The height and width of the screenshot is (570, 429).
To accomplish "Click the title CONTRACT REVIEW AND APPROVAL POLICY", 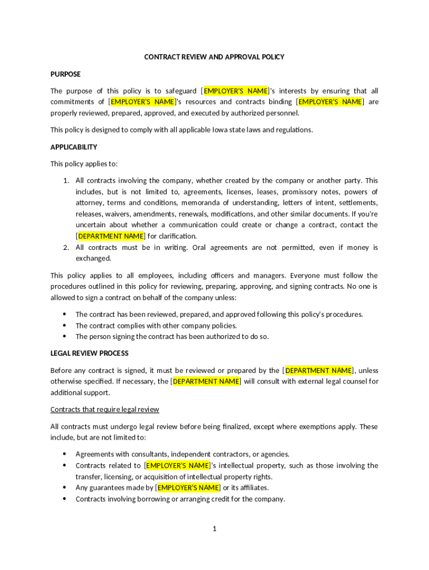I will coord(214,57).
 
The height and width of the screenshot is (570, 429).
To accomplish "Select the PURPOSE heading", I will coord(65,74).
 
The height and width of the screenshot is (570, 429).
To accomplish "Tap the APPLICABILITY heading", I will coord(74,147).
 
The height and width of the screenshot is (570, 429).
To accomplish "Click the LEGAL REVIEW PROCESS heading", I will coord(89,353).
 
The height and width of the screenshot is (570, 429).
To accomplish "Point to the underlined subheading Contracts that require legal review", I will coord(105,409).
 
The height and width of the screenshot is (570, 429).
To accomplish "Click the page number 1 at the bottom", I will coord(214,528).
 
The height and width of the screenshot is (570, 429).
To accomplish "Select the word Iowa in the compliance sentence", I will coord(219,130).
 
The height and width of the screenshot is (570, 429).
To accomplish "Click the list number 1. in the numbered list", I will coord(65,180).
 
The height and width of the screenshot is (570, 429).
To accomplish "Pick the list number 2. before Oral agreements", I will coord(65,247).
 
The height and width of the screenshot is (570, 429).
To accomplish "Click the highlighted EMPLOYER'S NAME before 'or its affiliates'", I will coord(188,488).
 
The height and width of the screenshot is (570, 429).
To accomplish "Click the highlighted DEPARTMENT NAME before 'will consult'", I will coord(206,381).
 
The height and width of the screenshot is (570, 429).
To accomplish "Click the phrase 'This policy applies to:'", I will coord(84,164).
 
